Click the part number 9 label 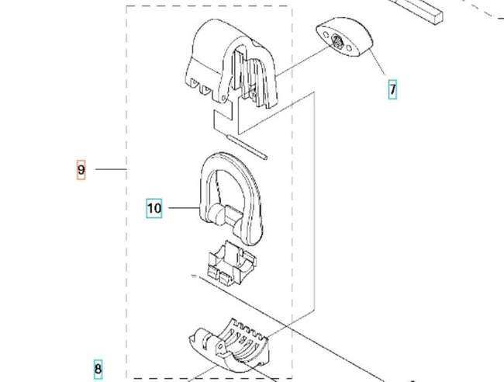click(81, 169)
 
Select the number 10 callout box click(154, 208)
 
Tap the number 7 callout click(393, 89)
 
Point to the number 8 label click(98, 370)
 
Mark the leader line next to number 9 click(110, 169)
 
